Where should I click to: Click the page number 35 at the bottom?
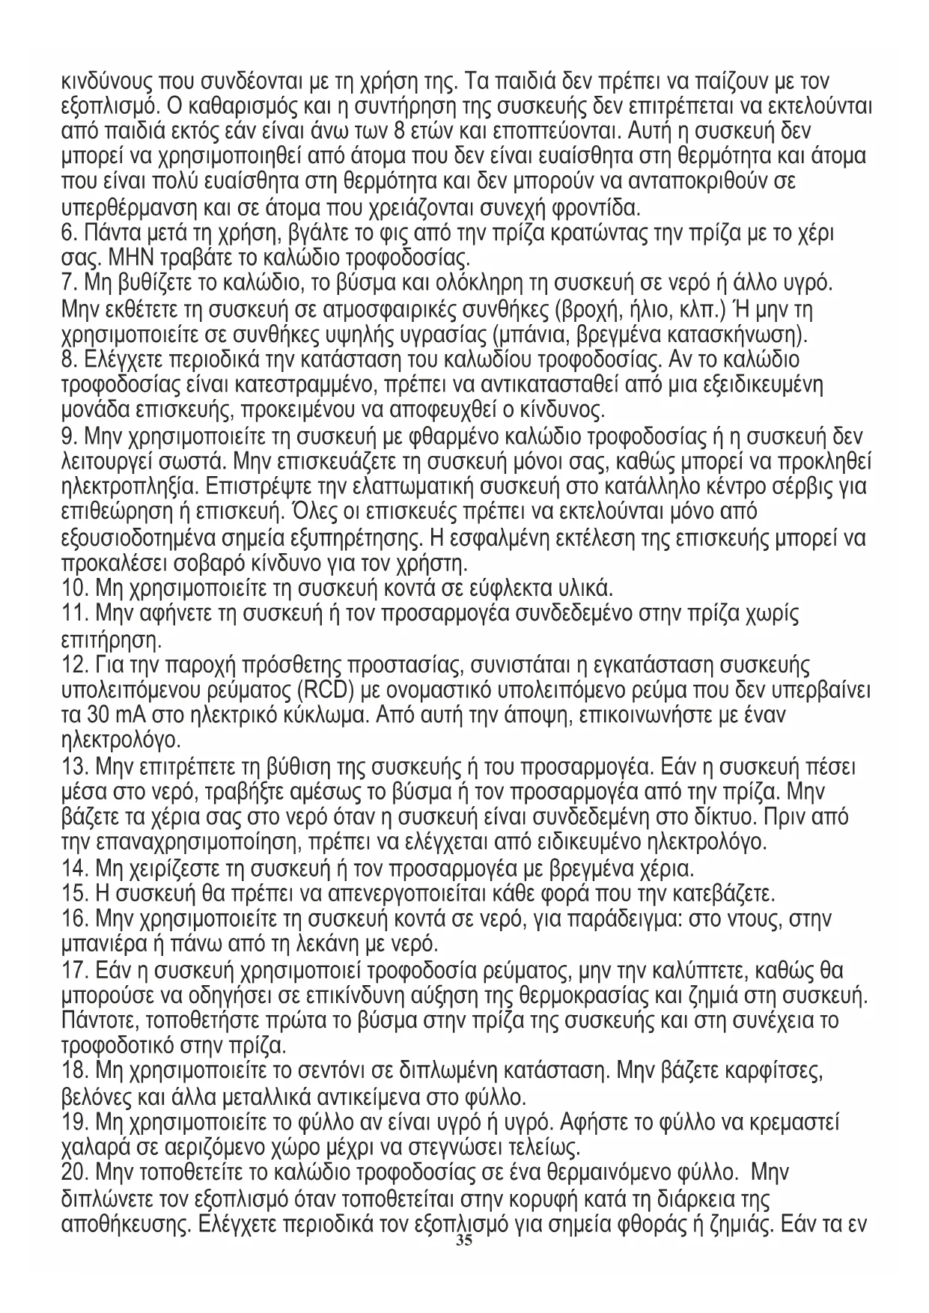click(464, 1241)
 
